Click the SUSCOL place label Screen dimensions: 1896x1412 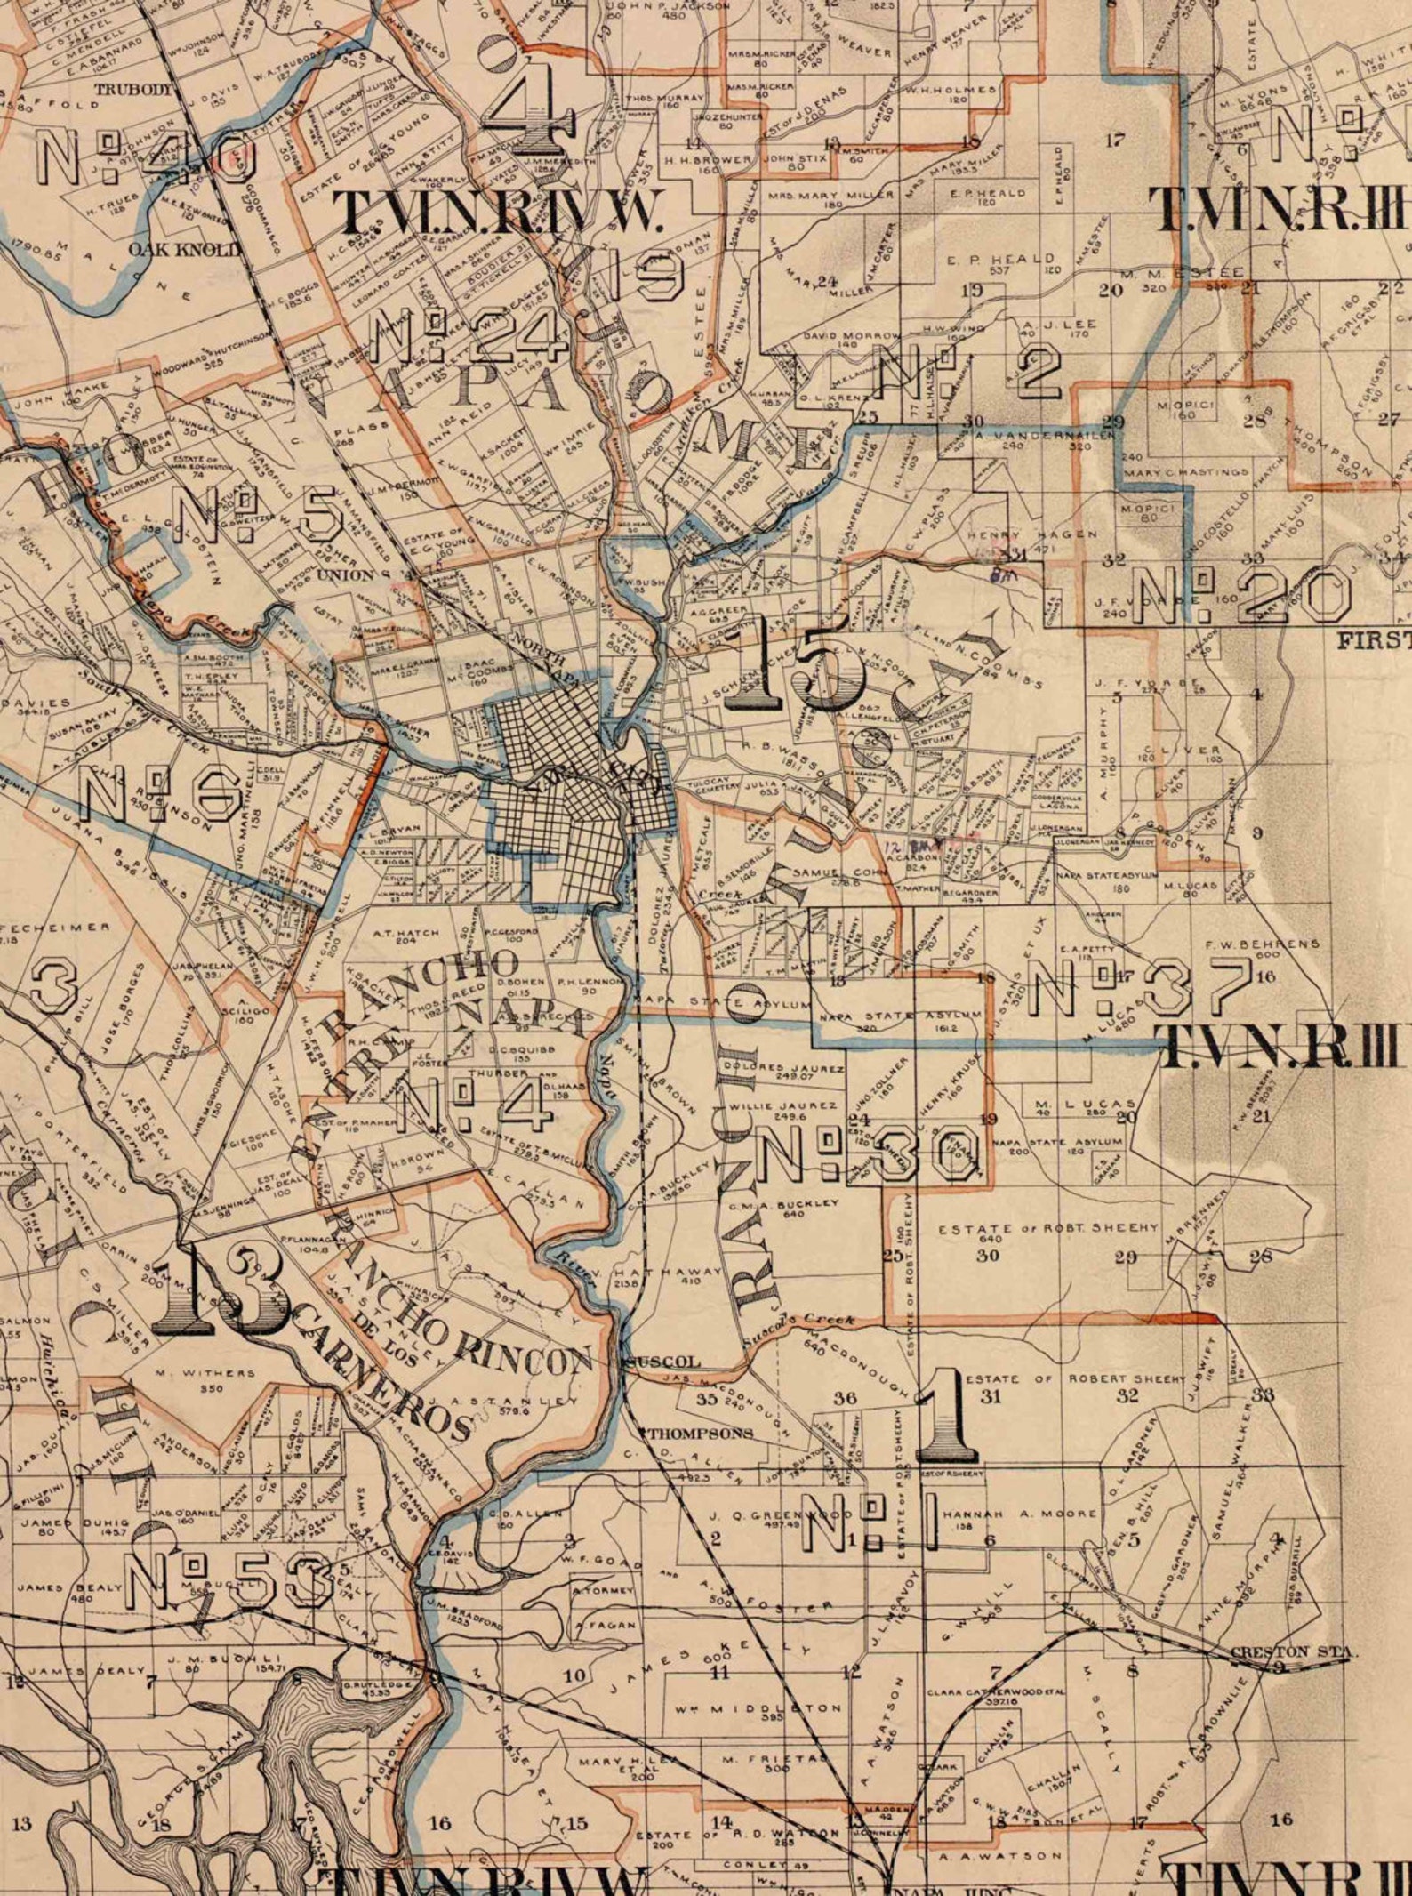(662, 1362)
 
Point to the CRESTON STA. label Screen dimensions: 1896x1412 (1293, 1651)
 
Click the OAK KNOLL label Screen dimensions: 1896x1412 (184, 249)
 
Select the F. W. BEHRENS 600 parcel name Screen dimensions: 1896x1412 (1262, 947)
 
